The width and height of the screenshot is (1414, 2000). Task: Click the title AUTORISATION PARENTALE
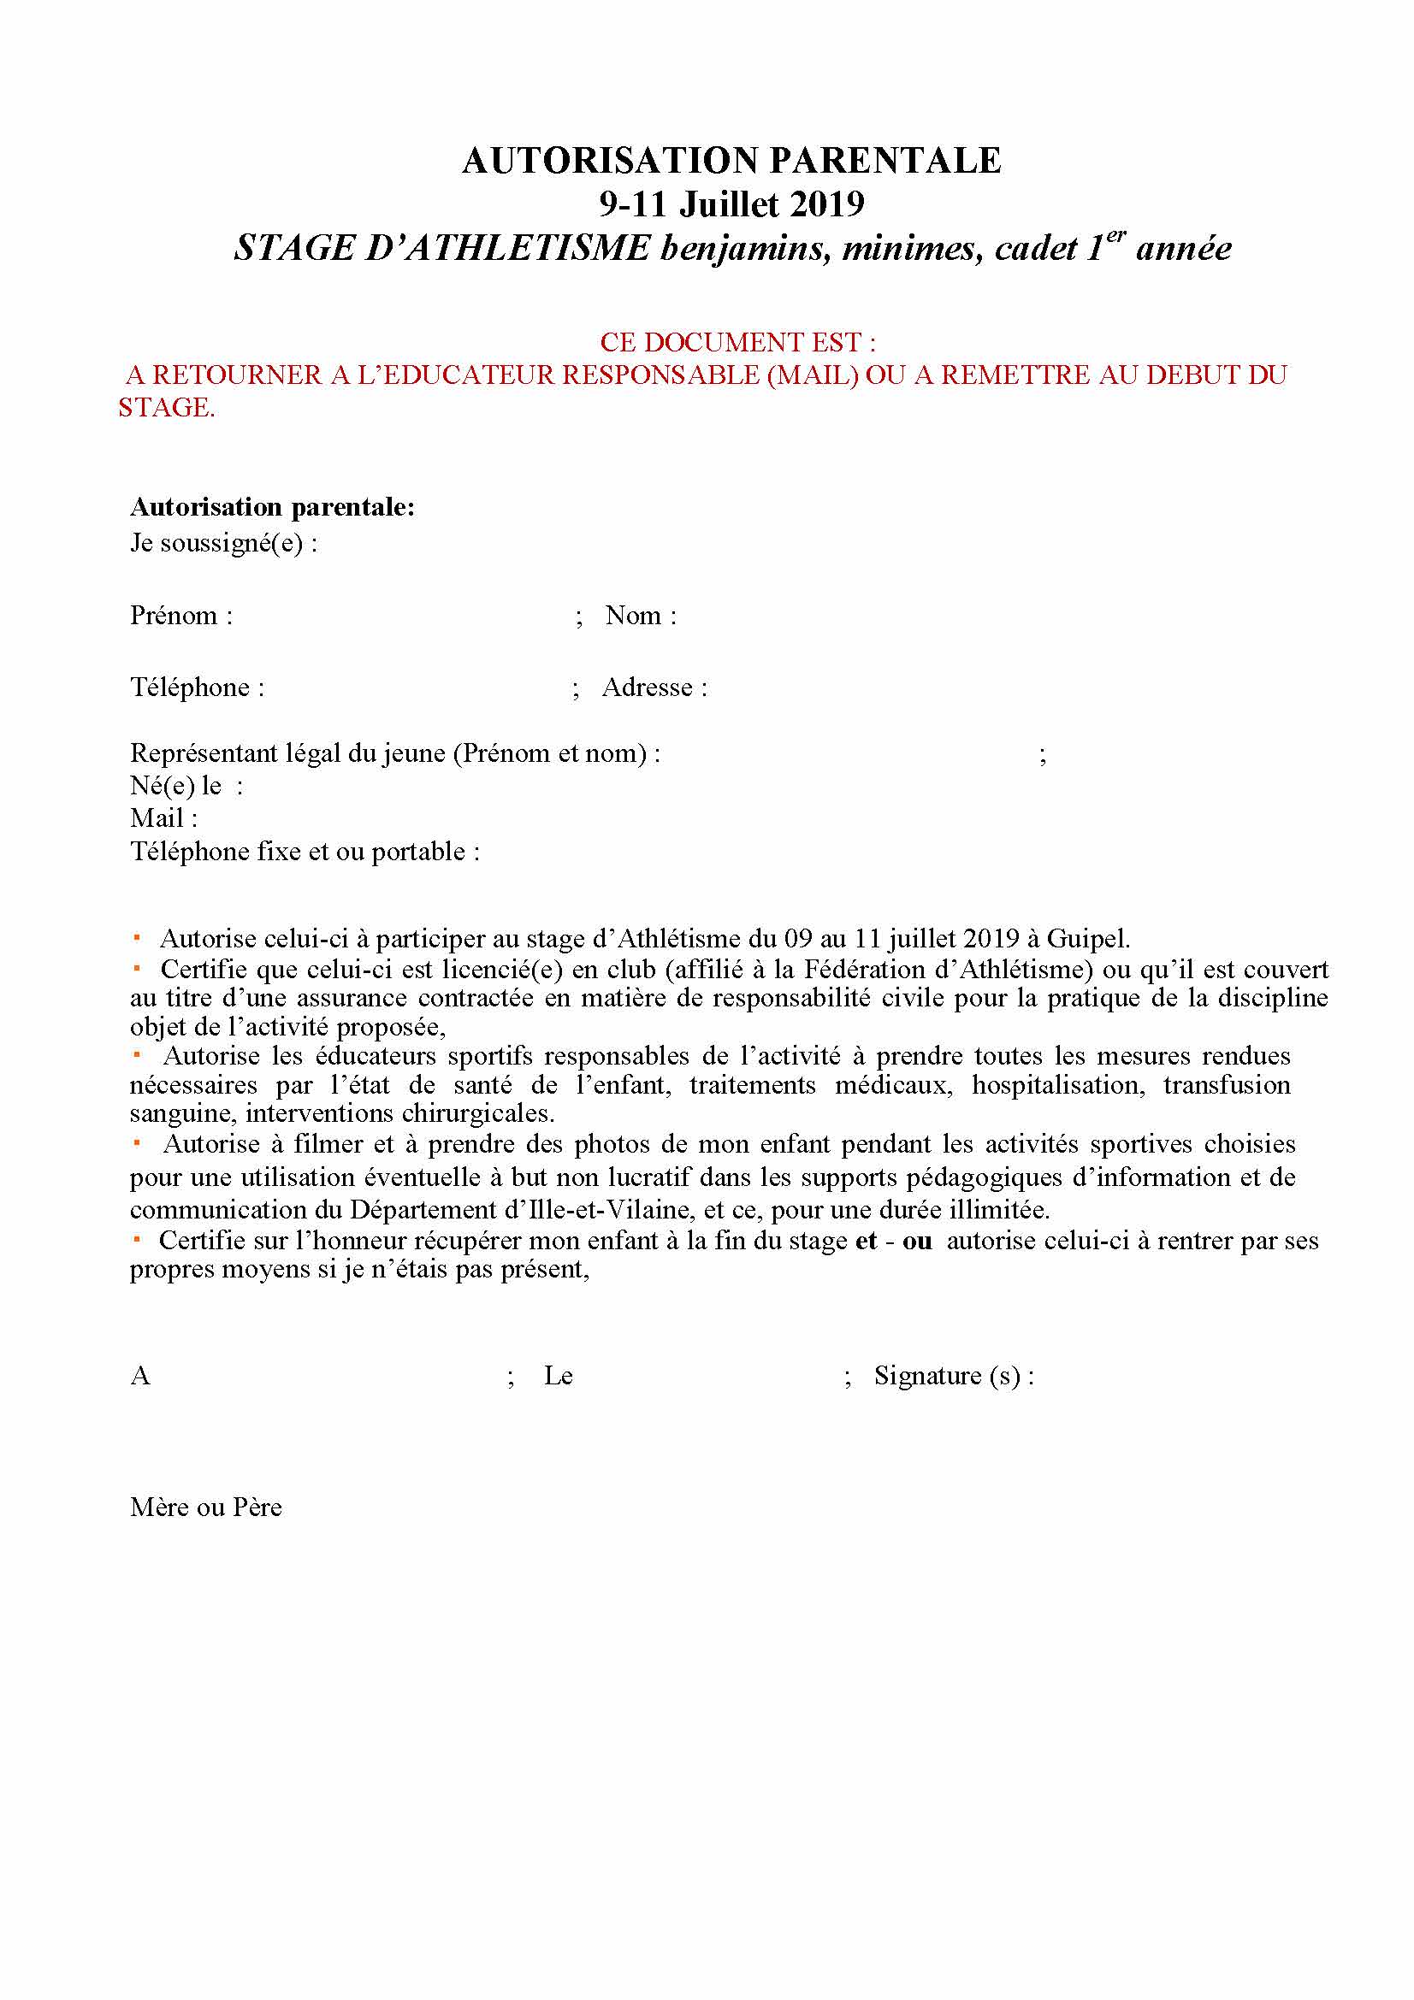point(731,160)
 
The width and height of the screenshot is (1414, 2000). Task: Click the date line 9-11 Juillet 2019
point(731,204)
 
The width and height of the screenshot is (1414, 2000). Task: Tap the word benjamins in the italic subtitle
point(744,249)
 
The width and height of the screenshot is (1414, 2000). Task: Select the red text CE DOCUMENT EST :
point(737,341)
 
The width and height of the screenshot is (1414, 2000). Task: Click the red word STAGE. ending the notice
point(167,407)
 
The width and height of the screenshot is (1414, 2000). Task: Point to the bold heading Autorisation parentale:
point(272,506)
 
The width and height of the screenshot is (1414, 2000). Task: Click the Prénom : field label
point(181,615)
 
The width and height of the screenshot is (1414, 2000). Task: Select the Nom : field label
point(641,615)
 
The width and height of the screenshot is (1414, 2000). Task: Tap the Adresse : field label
point(654,687)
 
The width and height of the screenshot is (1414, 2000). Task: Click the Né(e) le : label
point(186,785)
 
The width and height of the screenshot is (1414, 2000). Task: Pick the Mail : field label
point(163,818)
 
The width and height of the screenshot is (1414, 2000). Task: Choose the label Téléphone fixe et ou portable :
point(305,851)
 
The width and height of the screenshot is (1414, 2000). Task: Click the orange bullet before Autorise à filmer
point(137,1142)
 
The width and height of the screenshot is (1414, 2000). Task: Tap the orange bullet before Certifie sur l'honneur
point(137,1238)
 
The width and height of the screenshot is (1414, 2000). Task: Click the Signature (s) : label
point(953,1376)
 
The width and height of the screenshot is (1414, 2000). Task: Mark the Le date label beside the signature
point(558,1376)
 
